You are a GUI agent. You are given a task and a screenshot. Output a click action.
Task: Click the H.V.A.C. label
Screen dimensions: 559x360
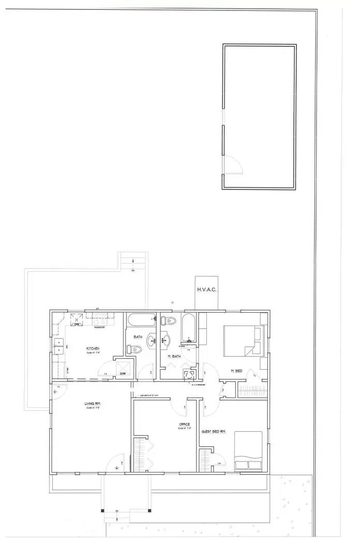click(207, 289)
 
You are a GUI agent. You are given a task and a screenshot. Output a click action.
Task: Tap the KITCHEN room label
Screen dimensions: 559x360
click(93, 348)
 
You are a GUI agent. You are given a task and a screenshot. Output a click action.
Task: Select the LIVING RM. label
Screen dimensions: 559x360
click(93, 403)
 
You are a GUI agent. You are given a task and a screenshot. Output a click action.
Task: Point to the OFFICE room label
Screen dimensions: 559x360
click(184, 424)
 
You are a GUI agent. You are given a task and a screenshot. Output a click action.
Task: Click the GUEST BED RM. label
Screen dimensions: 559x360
click(214, 431)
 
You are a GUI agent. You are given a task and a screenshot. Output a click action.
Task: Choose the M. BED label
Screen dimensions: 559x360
click(236, 371)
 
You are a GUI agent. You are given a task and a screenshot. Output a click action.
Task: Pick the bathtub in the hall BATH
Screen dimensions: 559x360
click(141, 320)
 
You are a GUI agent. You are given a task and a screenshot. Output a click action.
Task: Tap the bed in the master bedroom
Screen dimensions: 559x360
click(242, 340)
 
